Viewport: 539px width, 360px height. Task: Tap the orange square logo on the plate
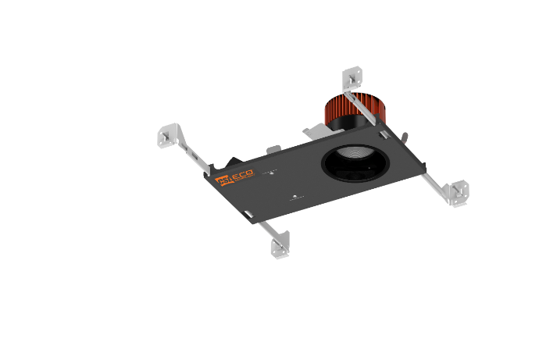[x=221, y=182]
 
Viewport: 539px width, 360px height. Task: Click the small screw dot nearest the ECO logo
[x=271, y=173]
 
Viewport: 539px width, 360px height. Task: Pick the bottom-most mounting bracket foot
[x=280, y=246]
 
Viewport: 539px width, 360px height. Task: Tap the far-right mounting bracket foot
[x=457, y=191]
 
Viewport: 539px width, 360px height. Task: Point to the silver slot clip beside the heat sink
[x=384, y=134]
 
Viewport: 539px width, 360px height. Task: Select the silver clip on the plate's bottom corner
[x=421, y=166]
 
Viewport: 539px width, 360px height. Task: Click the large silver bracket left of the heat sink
[x=313, y=131]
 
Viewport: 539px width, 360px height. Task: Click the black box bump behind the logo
[x=231, y=163]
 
